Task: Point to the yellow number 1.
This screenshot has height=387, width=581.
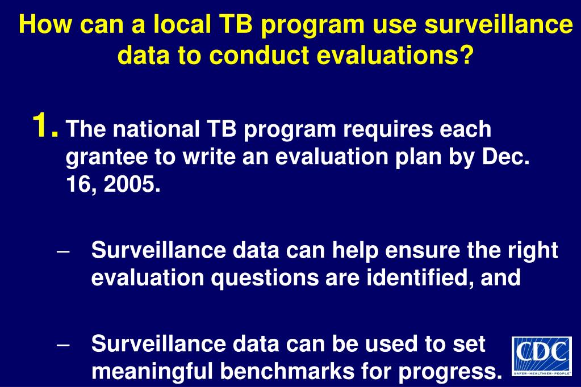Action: pyautogui.click(x=44, y=125)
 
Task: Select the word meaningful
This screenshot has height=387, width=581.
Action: pyautogui.click(x=152, y=372)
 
